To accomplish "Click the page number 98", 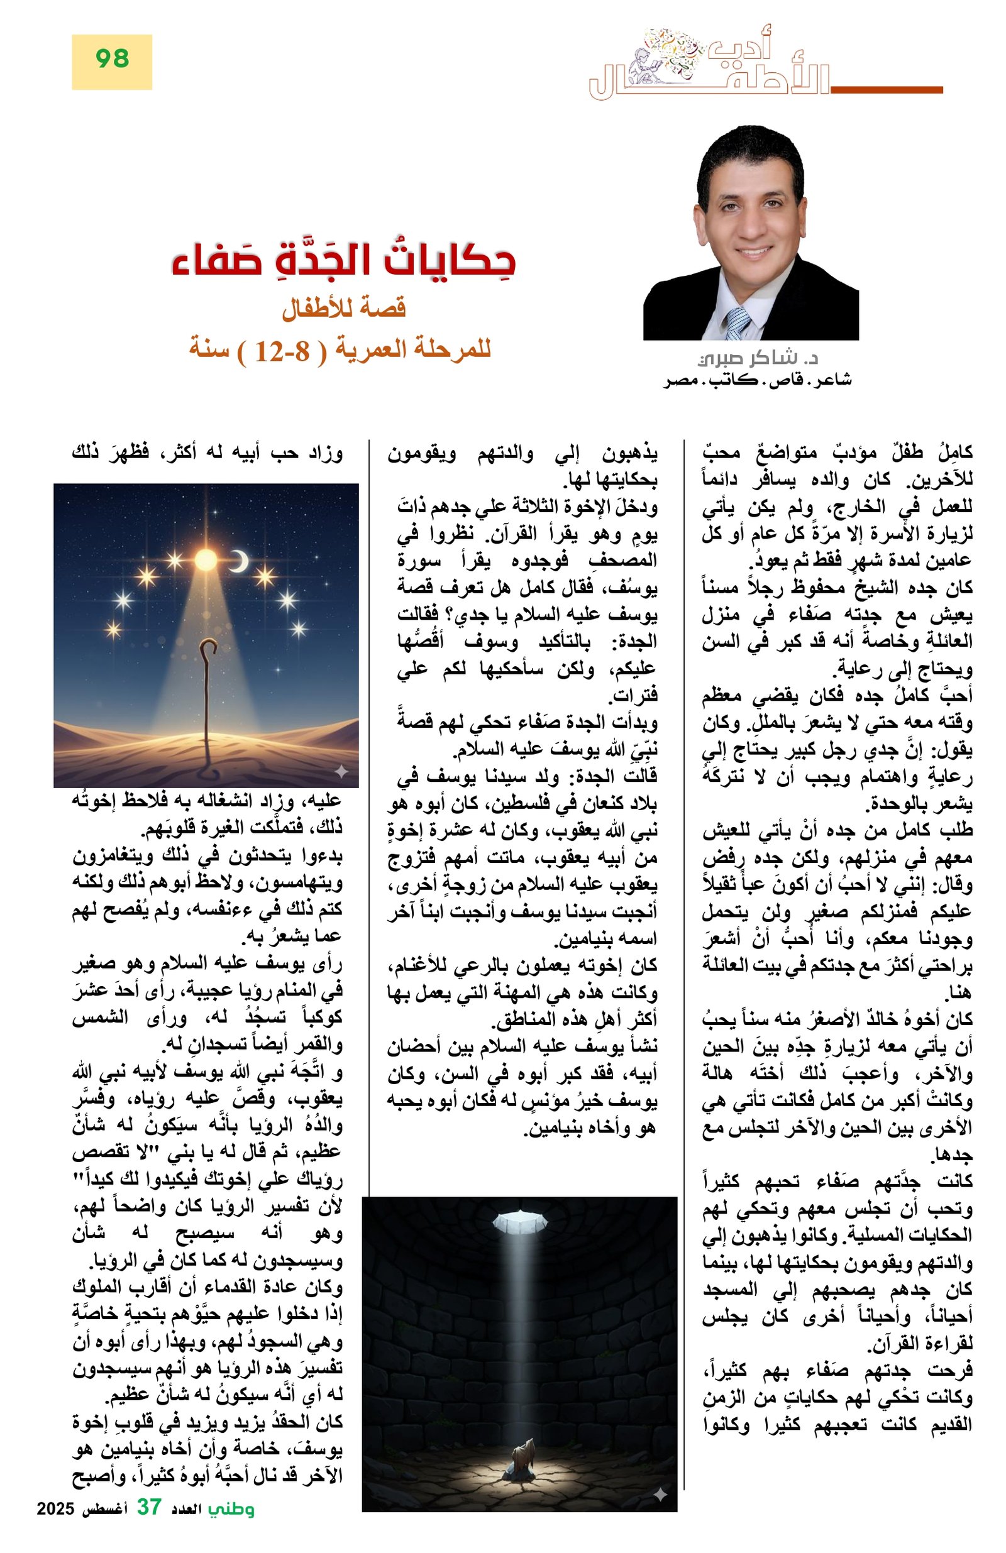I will click(x=113, y=60).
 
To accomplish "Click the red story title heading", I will click(x=343, y=260).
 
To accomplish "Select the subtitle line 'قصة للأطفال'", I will click(x=343, y=308).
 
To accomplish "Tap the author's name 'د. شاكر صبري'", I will click(x=757, y=358).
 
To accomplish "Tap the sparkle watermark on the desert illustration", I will click(x=341, y=771).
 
